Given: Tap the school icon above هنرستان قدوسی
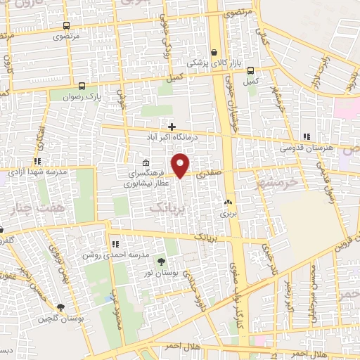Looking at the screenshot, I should pyautogui.click(x=305, y=136).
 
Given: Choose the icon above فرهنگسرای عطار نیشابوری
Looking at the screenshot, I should pyautogui.click(x=136, y=163).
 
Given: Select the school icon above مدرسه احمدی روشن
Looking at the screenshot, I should pyautogui.click(x=113, y=244).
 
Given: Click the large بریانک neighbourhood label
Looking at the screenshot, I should pyautogui.click(x=169, y=209).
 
